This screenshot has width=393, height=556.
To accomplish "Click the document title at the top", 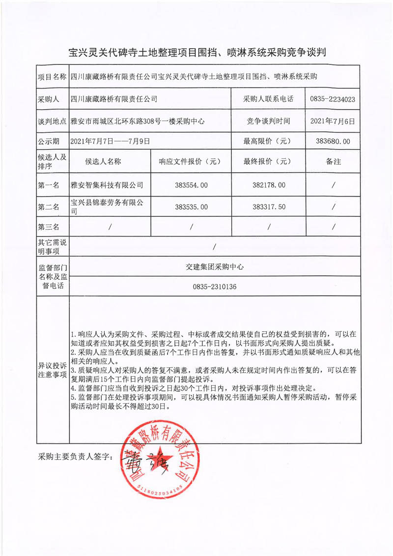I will (x=196, y=52).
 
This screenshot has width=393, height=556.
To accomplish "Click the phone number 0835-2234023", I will (x=333, y=99).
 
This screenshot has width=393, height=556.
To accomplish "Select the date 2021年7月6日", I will (x=333, y=120).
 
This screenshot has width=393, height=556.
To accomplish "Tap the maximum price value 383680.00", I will (x=333, y=141).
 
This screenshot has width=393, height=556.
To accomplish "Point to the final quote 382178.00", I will (x=268, y=185).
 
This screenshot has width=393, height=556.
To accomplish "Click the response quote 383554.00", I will (x=191, y=185).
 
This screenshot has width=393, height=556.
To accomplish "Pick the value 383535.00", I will (x=191, y=206).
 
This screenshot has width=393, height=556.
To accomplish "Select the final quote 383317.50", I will (x=268, y=206).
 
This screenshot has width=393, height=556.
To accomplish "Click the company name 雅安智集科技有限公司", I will (x=107, y=185).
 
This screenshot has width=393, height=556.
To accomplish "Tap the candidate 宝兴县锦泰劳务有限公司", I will (x=107, y=206).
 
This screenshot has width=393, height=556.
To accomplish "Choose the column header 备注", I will (x=333, y=161).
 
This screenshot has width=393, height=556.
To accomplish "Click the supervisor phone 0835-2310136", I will (x=215, y=286).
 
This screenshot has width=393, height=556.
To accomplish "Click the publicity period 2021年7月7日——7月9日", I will (x=110, y=141).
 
